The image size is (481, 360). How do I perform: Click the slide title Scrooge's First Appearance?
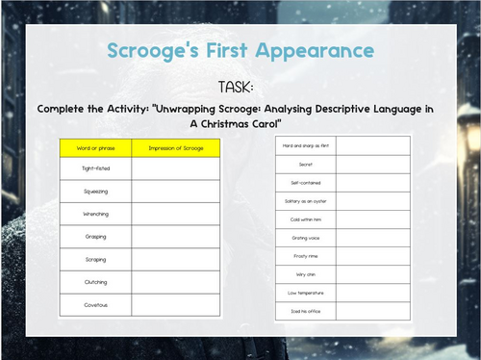(x=240, y=49)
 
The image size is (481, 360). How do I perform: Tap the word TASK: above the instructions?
(x=240, y=86)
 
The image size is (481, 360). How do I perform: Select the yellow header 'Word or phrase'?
(x=95, y=148)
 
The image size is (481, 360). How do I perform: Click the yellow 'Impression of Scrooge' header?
(x=176, y=148)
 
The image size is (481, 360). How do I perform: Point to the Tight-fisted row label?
(x=95, y=168)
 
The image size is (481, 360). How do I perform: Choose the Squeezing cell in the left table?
(x=95, y=192)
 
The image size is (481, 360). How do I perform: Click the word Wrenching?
(x=95, y=214)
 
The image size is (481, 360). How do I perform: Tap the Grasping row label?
(x=95, y=236)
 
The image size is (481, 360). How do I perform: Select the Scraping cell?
(x=95, y=259)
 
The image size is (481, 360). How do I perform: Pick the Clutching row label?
(x=95, y=282)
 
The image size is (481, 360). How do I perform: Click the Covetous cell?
(x=95, y=304)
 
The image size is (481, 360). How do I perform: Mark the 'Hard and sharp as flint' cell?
(x=305, y=144)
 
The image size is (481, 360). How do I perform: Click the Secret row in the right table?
(x=305, y=164)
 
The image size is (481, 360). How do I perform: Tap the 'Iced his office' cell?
(x=305, y=312)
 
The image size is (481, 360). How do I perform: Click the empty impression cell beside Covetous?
(x=176, y=304)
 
